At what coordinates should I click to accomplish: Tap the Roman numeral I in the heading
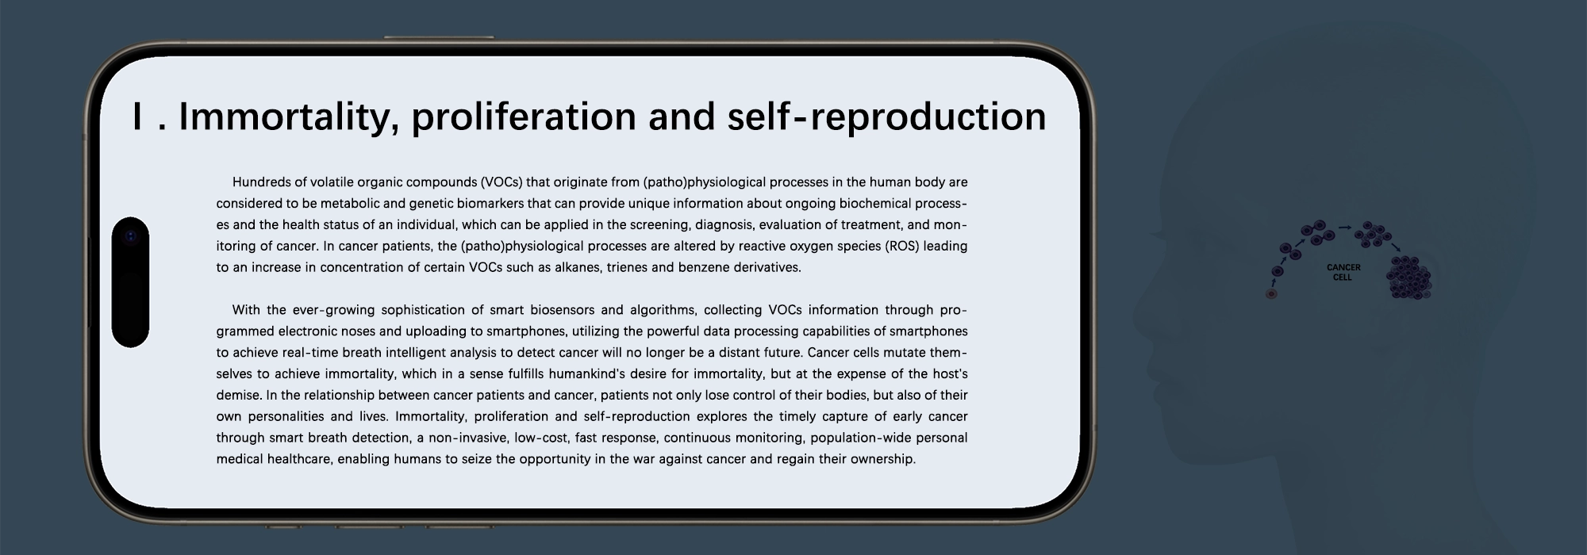click(138, 117)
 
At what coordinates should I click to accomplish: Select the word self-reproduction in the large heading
click(886, 117)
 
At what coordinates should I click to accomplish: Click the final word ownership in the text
click(883, 459)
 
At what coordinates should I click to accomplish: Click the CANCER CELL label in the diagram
click(1343, 273)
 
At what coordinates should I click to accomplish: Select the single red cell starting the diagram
click(1271, 294)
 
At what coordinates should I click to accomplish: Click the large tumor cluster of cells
click(1408, 277)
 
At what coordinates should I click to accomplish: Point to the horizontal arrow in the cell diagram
click(1345, 228)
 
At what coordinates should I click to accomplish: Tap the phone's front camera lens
click(131, 236)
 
